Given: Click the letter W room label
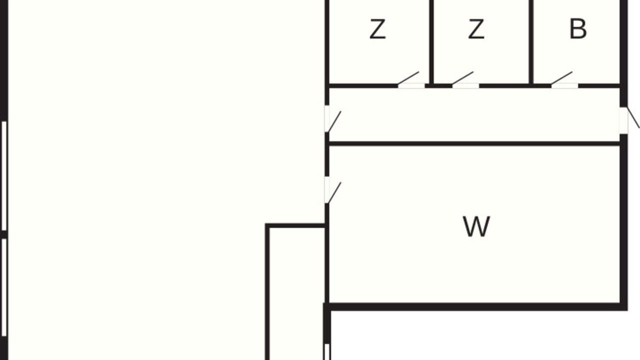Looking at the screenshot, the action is pos(476,226).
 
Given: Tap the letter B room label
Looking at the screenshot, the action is pos(578,29).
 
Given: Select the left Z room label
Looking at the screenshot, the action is pos(377,29).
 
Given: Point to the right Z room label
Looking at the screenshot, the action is pos(476,29).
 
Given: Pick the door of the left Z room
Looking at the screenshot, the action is pos(408,78).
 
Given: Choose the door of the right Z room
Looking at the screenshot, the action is pos(463,78).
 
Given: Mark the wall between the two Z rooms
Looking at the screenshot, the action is pos(431,42).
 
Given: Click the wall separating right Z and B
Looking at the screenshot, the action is pos(531,42).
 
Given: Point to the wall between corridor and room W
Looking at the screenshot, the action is pos(474,143).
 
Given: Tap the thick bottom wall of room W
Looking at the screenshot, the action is pos(475,307).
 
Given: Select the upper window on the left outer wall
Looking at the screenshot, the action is pos(4,175).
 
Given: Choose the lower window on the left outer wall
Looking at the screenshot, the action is pos(4,287).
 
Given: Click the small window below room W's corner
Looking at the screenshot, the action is pos(327,351).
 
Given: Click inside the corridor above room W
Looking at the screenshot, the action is pos(474,115).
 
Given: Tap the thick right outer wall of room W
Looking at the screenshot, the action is pos(623,222).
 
